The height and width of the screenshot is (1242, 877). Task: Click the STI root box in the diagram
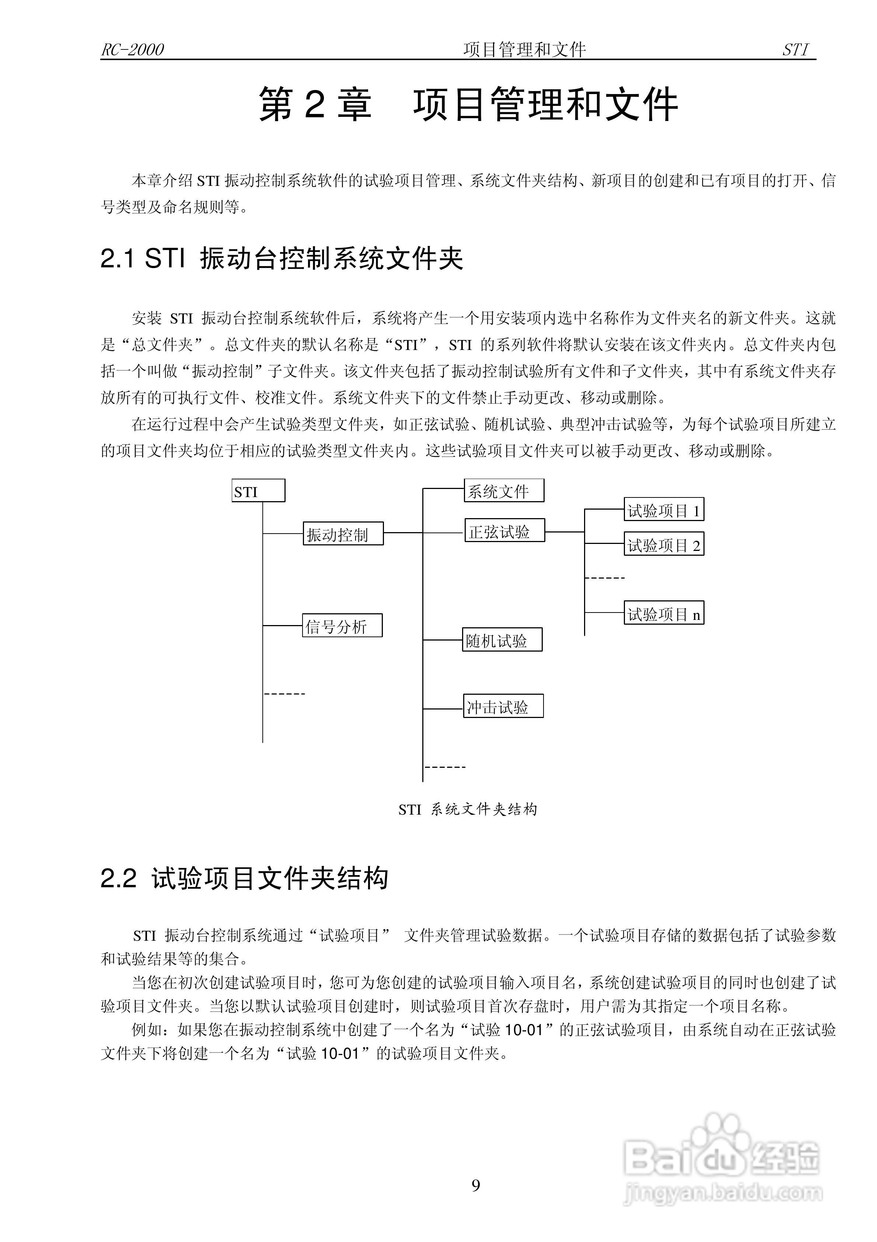[258, 490]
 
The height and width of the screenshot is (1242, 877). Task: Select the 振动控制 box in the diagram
[343, 533]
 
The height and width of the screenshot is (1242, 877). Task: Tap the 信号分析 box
[342, 625]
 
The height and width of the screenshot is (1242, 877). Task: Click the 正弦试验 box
[504, 531]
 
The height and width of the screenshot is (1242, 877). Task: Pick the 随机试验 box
[502, 640]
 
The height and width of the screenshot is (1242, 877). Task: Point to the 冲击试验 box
[503, 706]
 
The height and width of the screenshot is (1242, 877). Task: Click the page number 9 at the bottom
[476, 1186]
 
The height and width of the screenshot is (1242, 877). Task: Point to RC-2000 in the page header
[132, 50]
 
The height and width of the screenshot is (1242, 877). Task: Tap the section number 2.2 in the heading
[118, 878]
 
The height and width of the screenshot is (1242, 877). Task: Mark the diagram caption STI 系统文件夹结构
[468, 809]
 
